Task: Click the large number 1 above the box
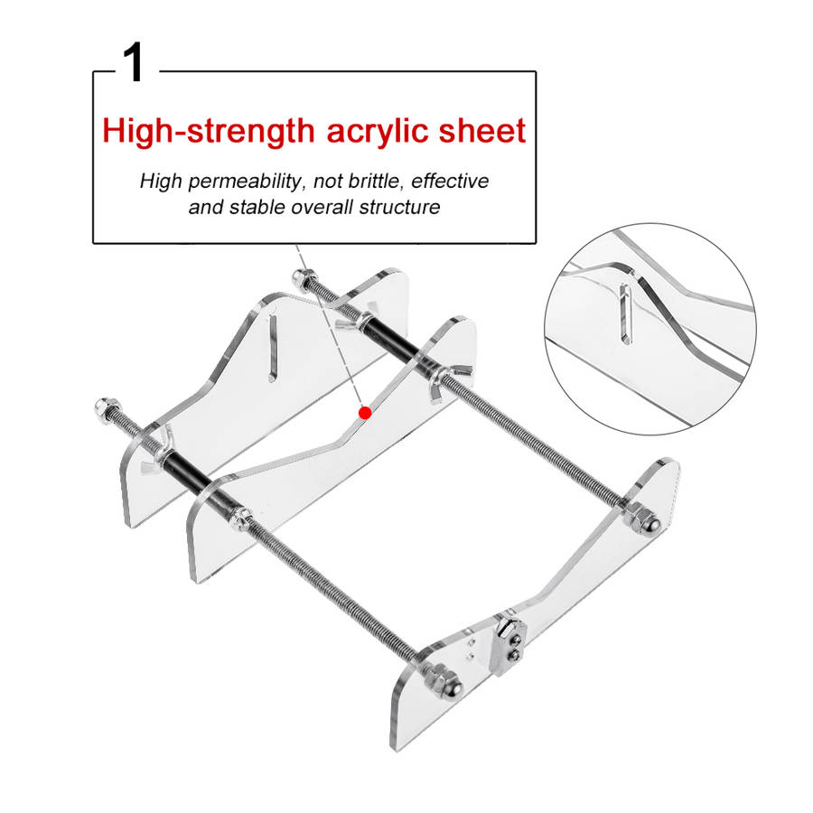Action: coord(134,62)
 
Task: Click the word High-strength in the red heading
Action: coord(209,132)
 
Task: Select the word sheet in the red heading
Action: coord(482,131)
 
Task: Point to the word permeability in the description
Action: coord(244,182)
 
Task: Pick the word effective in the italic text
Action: coord(450,181)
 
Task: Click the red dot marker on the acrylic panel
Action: coord(365,413)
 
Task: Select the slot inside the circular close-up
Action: coord(626,313)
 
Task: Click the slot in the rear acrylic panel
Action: coord(273,348)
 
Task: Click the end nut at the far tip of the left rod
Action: coord(107,408)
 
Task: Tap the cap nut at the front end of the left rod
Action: coord(444,682)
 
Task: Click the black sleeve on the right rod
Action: coord(393,341)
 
